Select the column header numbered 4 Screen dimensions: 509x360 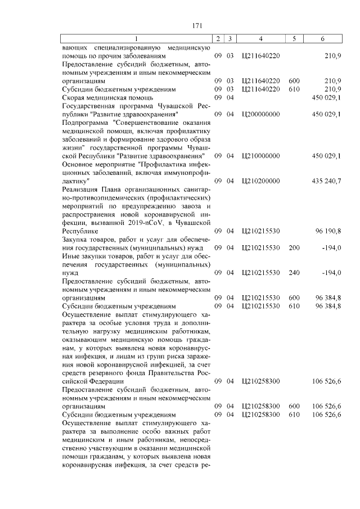260,39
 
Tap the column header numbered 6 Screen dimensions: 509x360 322,39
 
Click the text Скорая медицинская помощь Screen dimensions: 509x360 102,97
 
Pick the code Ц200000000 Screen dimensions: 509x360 260,114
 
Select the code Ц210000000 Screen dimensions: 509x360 260,155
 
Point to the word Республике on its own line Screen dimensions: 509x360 79,231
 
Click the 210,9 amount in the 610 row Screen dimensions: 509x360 332,89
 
